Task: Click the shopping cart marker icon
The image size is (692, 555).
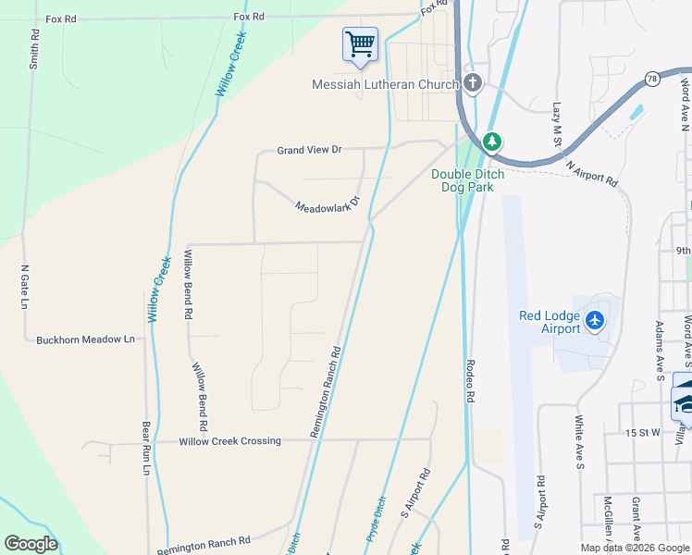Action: click(360, 43)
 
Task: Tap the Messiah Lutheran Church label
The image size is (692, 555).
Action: click(385, 85)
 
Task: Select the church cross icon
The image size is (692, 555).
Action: click(473, 84)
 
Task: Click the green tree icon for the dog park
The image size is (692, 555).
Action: click(493, 142)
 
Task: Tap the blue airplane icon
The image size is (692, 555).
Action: click(594, 320)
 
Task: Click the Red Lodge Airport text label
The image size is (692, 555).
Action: click(549, 322)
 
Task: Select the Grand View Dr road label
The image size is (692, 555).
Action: click(310, 149)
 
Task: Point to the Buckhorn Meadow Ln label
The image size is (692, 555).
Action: click(85, 339)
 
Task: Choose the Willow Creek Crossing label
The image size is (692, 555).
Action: click(230, 441)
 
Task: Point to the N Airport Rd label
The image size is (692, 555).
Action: click(591, 173)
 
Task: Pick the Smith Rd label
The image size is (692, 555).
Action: click(33, 48)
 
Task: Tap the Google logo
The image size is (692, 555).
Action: click(31, 544)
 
